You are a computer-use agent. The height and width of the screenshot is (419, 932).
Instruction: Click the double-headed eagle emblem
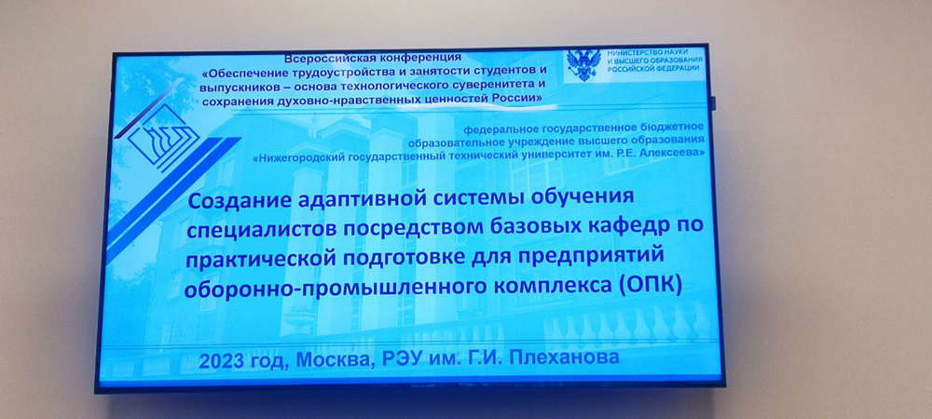pyautogui.click(x=583, y=66)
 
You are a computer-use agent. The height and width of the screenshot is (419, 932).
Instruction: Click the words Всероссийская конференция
pyautogui.click(x=373, y=58)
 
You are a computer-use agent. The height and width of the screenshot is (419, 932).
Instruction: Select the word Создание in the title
pyautogui.click(x=234, y=200)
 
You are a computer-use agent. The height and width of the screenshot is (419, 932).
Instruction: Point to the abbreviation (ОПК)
pyautogui.click(x=651, y=286)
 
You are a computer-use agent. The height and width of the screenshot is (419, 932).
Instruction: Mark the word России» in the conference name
pyautogui.click(x=516, y=98)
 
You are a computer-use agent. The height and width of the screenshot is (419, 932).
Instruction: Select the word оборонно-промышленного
pyautogui.click(x=309, y=289)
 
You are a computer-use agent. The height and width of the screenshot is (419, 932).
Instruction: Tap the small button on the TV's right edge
pyautogui.click(x=713, y=104)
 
